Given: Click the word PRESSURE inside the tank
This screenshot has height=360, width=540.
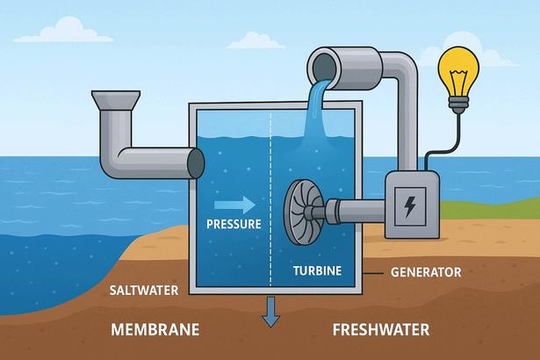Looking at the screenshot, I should [233, 224].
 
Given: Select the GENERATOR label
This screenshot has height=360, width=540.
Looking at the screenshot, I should [425, 273].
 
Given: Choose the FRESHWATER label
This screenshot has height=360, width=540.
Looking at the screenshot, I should [381, 330].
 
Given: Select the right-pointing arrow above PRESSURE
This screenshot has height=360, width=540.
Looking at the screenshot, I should [239, 205].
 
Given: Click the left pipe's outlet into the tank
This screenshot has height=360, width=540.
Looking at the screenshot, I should [194, 162].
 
